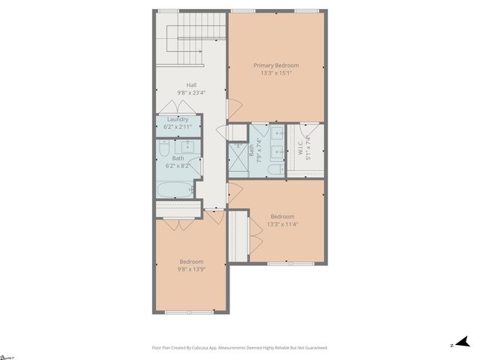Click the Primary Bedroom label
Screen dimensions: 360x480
tap(276, 65)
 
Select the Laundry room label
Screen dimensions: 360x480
tap(178, 119)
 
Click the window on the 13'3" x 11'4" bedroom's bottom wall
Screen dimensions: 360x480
tap(281, 263)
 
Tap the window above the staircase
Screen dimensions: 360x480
tap(168, 10)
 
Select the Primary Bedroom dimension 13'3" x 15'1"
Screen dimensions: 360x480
tap(276, 73)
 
